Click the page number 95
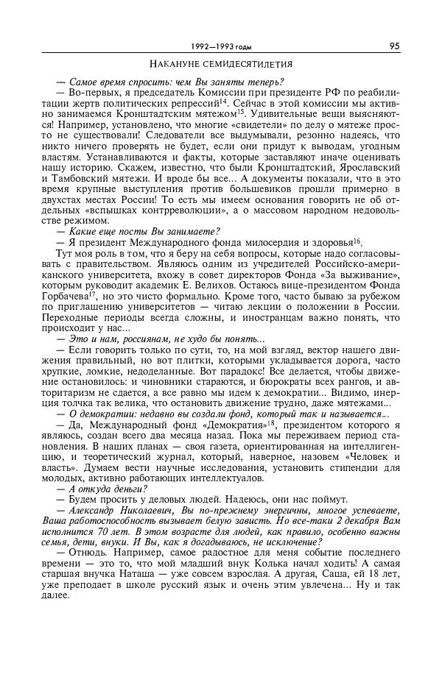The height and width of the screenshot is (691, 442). click(394, 46)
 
